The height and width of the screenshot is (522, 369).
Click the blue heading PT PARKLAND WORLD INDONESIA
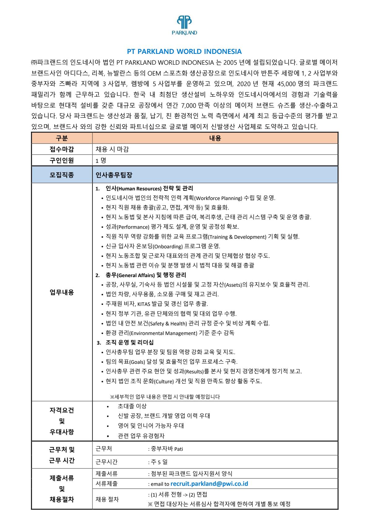184,51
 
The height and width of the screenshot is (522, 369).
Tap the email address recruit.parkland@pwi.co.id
209,484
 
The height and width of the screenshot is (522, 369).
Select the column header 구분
62,138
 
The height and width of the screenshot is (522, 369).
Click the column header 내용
215,138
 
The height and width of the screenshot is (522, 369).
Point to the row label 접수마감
62,149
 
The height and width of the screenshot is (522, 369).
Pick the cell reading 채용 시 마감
112,149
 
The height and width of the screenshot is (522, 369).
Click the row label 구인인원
62,160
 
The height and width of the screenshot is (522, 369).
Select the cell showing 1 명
101,160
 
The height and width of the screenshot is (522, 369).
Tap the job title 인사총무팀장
114,175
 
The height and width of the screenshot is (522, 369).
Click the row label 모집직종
62,175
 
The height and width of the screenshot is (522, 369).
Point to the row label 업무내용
62,292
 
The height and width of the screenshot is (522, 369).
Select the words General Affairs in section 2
136,275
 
